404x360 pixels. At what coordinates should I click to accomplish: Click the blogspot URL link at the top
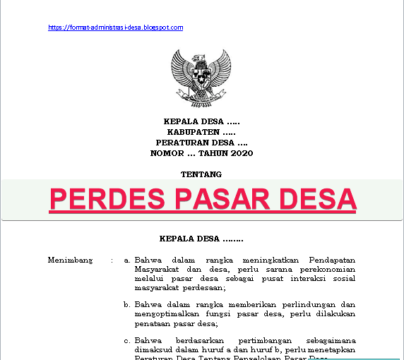116,28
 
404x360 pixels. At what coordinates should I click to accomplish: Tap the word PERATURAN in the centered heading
181,143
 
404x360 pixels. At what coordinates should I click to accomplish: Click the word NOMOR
167,153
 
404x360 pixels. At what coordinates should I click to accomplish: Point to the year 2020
241,153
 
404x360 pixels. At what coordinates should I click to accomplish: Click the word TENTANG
201,174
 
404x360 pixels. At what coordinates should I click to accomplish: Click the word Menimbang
70,260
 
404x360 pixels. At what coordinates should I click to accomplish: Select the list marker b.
126,305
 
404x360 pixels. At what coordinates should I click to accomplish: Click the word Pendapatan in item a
331,260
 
